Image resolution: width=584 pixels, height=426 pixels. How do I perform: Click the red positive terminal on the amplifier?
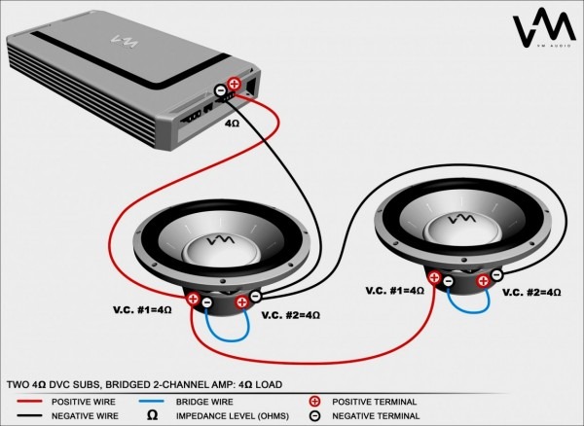click(x=234, y=85)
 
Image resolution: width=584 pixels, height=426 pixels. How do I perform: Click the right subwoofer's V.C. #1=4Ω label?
click(x=395, y=291)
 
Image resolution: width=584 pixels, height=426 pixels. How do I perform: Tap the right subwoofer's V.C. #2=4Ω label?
click(x=530, y=292)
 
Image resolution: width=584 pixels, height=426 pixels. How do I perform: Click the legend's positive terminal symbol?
click(x=314, y=401)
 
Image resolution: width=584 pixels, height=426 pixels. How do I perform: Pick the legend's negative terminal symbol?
click(x=314, y=416)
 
